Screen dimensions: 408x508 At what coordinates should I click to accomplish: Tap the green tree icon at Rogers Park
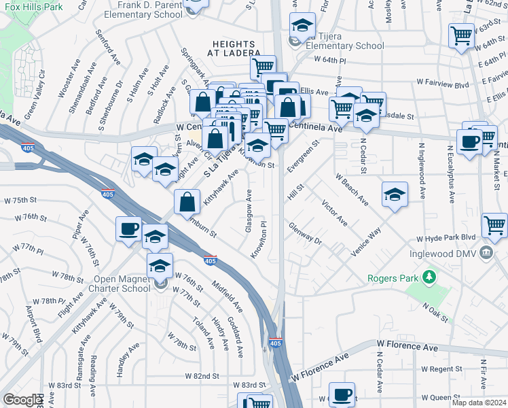[429, 277]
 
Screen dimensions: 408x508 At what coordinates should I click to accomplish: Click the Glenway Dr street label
[304, 233]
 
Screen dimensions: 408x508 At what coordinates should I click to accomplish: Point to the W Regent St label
[441, 369]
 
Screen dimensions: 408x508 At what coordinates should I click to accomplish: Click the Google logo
[22, 400]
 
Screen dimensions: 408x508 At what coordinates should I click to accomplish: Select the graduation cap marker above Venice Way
[395, 194]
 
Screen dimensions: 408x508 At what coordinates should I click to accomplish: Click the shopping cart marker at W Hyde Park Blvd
[494, 225]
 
